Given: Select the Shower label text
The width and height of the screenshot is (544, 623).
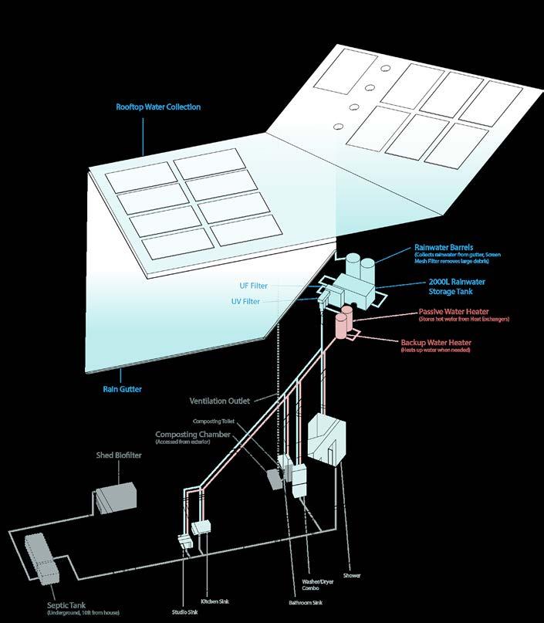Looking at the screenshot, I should [x=352, y=576].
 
